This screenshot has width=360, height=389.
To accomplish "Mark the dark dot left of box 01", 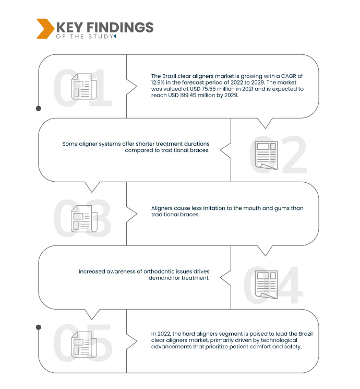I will pyautogui.click(x=38, y=109).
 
